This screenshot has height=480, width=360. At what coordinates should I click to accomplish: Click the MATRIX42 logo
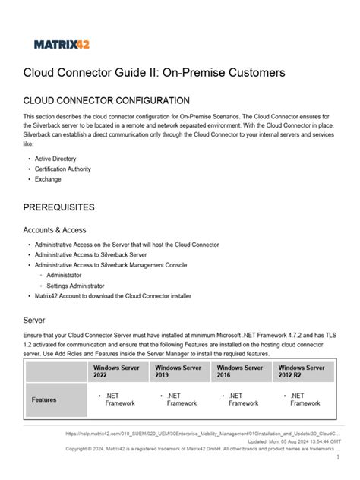62,44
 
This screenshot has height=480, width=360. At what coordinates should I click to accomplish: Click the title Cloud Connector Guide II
154,73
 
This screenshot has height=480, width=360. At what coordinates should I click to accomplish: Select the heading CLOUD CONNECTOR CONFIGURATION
106,100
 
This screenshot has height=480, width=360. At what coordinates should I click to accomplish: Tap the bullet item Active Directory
55,159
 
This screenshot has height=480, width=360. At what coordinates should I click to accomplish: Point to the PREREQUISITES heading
70,207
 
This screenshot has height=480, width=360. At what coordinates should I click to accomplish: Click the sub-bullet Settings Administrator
75,285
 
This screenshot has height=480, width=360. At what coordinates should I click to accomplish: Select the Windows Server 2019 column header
178,371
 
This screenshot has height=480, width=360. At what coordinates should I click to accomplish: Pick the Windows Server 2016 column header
239,371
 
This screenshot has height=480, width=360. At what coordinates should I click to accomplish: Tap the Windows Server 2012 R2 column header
302,371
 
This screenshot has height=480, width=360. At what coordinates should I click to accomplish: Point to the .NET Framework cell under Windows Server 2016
240,399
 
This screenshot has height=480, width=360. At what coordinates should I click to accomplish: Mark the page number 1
336,458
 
